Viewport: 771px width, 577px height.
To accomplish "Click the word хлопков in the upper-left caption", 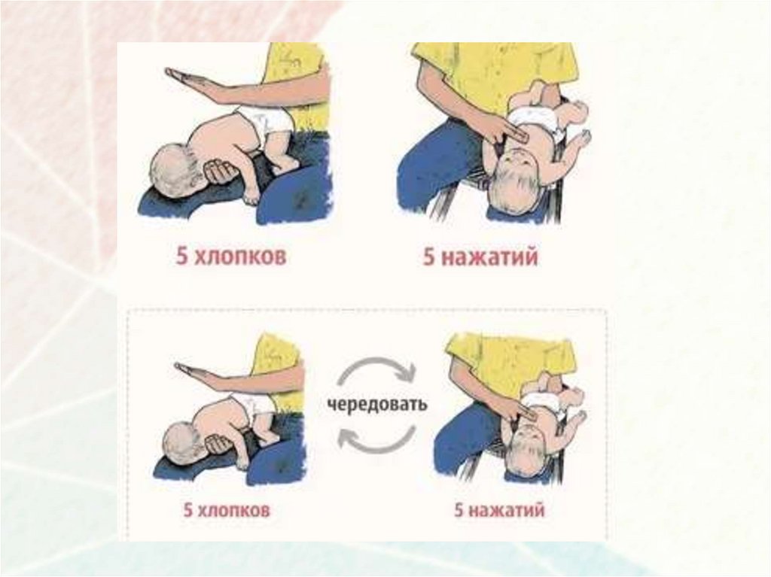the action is tap(240, 257).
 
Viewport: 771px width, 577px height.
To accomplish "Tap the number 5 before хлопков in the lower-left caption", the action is tap(187, 510).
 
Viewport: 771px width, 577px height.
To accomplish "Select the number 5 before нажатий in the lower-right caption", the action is tap(459, 509).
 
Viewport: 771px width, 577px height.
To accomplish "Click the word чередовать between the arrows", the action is tap(377, 405).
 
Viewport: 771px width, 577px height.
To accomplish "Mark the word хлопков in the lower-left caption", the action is tap(233, 510).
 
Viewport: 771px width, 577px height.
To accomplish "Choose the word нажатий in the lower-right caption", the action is tap(507, 509).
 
